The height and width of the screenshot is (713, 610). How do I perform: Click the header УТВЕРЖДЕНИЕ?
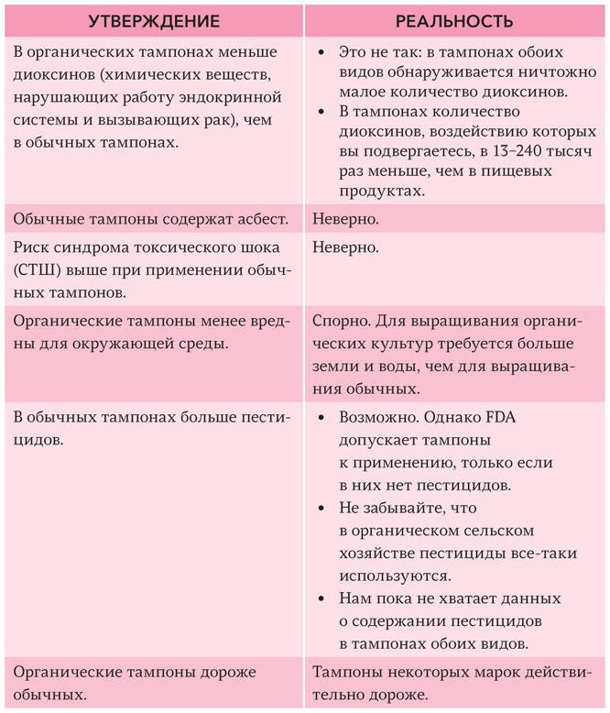tap(151, 20)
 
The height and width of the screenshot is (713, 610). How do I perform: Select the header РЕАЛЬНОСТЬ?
tap(454, 20)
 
